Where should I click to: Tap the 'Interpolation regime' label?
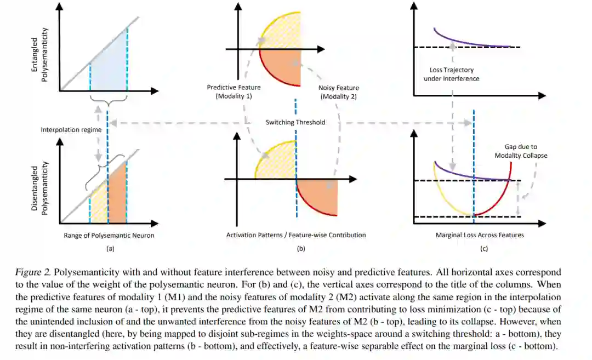click(63, 130)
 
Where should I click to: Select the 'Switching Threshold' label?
click(295, 122)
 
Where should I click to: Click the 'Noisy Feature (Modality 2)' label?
click(338, 92)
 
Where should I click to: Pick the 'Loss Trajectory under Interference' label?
click(452, 74)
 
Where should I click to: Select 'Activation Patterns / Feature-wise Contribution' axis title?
click(296, 235)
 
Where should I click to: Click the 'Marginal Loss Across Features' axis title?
click(480, 235)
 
